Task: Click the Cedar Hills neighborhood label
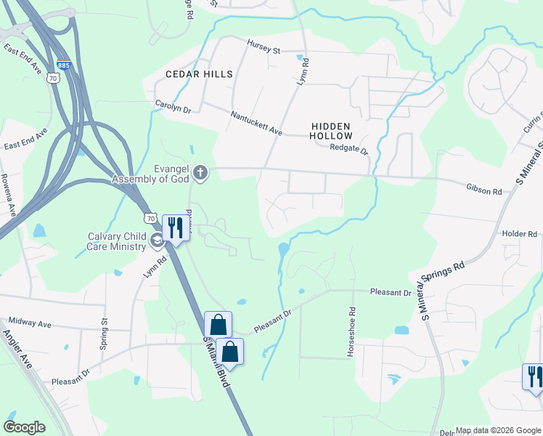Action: click(199, 74)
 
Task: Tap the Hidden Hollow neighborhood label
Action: click(331, 131)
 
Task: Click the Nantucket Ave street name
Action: click(256, 122)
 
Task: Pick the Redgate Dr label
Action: click(349, 149)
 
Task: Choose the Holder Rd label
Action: click(519, 234)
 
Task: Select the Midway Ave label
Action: click(30, 323)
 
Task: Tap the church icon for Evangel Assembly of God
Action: click(200, 173)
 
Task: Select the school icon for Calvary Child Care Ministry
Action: click(156, 241)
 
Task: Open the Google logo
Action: click(24, 427)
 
